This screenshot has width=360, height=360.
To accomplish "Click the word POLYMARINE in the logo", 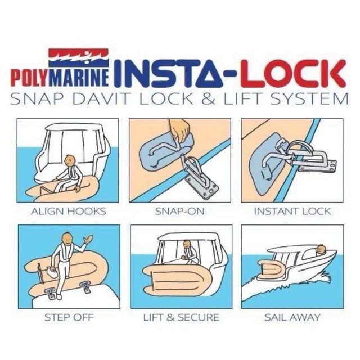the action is tap(60, 78).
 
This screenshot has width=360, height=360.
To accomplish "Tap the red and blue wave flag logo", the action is tap(79, 57).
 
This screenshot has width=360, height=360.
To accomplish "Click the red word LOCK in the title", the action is tap(293, 73).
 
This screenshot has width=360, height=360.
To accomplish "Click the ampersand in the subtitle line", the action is tap(209, 99).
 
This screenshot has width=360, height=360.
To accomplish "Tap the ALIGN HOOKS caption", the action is tap(69, 211).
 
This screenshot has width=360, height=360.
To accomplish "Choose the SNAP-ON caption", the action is tap(180, 211).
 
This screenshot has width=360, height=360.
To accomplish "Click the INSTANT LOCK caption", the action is tap(292, 211).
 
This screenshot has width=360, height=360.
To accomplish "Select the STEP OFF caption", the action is tap(69, 317).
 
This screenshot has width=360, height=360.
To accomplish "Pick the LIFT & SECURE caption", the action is tap(181, 317).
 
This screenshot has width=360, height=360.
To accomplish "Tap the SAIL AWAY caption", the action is tap(292, 317).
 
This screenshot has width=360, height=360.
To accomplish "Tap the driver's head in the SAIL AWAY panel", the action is tap(320, 249).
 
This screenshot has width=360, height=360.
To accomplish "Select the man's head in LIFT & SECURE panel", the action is tap(187, 244).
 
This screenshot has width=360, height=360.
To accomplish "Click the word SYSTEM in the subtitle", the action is tap(309, 99).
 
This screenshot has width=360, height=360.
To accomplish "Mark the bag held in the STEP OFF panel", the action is tap(51, 273).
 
